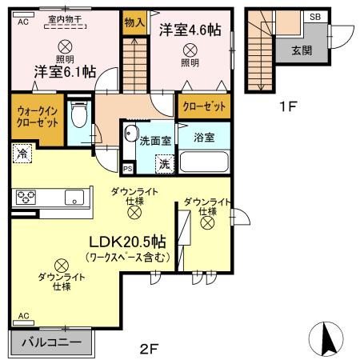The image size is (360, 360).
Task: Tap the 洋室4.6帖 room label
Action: (x=190, y=30)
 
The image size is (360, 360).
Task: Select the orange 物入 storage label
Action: (x=134, y=24)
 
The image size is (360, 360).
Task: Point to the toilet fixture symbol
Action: (x=78, y=118)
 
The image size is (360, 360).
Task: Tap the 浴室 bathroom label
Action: (x=204, y=137)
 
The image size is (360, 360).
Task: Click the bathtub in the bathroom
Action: (x=205, y=161)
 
